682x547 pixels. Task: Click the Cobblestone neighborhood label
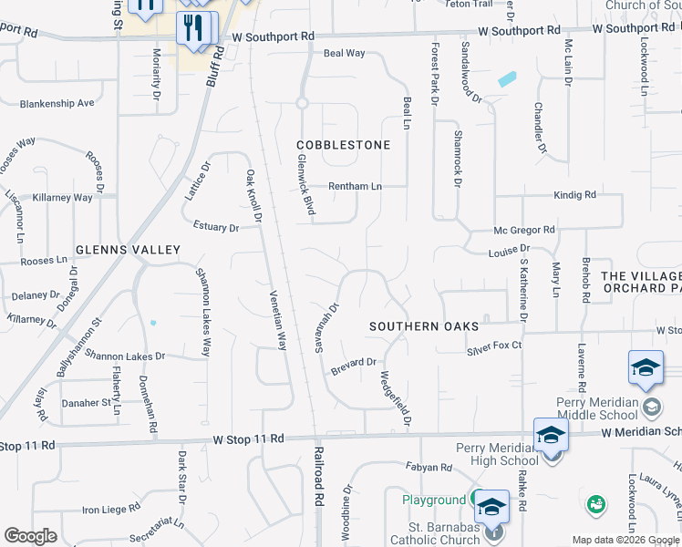pos(343,145)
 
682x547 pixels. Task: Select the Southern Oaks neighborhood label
pos(424,325)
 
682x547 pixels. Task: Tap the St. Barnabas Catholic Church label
pos(443,533)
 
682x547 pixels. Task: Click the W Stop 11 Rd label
pos(249,439)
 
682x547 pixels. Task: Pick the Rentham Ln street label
pos(355,186)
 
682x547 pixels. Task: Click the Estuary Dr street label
pos(215,227)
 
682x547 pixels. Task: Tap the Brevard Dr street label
pos(354,363)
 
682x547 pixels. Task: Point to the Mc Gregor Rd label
pos(524,230)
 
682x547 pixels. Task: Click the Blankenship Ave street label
pos(57,103)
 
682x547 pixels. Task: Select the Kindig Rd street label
pos(574,195)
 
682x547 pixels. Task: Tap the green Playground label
pos(435,501)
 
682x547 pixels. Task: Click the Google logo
pos(30,536)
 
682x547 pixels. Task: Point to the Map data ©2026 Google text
pos(626,540)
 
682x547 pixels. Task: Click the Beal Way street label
pos(345,54)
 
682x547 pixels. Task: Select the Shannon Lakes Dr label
pos(126,356)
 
